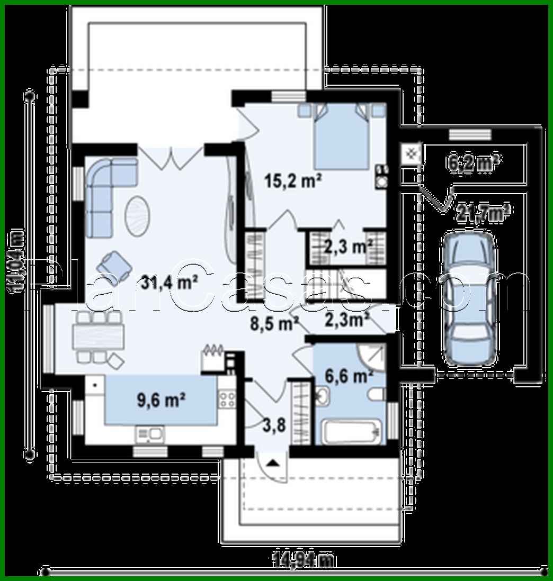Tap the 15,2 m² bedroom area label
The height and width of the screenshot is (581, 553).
294,181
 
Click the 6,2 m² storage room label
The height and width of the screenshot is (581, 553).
474,162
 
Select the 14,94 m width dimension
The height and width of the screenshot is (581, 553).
303,559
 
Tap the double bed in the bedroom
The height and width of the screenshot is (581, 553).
342,135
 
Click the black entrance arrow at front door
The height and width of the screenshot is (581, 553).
272,464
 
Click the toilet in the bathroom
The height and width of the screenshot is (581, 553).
377,394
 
